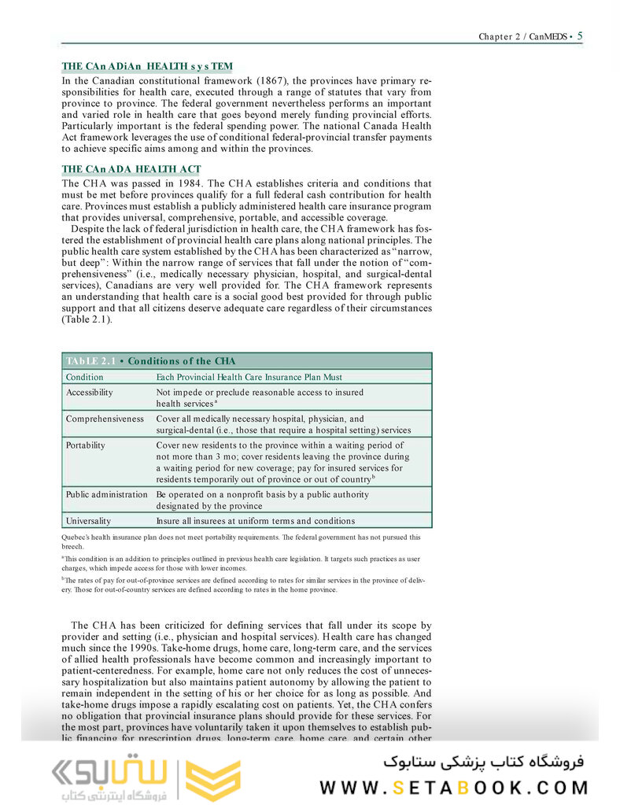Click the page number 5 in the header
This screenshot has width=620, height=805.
click(580, 35)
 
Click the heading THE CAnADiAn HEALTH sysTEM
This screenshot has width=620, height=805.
click(147, 67)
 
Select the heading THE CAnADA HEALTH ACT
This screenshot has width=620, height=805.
click(131, 169)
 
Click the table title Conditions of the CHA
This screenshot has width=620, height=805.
click(181, 361)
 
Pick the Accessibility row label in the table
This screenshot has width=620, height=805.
click(89, 392)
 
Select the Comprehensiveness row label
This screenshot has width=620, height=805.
click(105, 419)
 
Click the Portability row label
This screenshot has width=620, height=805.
click(85, 445)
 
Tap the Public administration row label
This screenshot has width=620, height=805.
click(106, 494)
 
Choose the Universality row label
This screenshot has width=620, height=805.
click(88, 521)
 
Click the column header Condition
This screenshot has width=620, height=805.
click(84, 377)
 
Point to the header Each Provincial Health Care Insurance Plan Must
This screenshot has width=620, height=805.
click(249, 377)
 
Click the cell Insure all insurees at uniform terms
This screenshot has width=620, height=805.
click(255, 521)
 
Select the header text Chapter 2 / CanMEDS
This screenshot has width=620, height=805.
click(522, 36)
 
